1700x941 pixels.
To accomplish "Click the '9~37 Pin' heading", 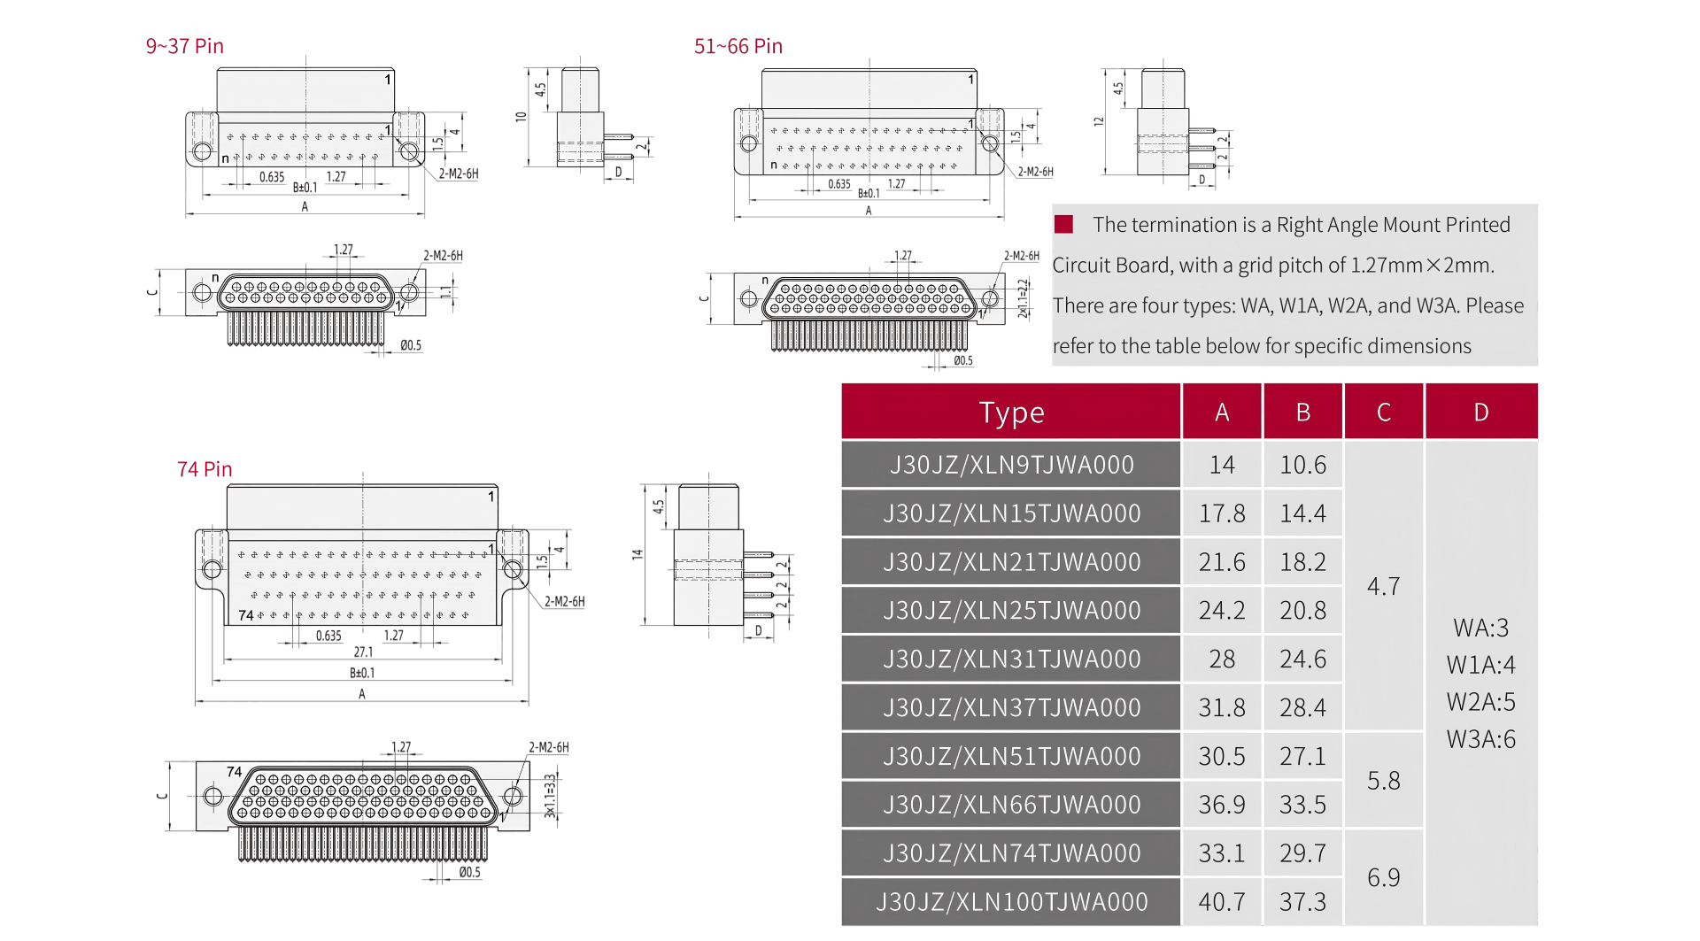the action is [x=184, y=46].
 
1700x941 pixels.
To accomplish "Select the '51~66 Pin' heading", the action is [x=738, y=46].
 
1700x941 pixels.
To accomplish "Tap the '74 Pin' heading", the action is [x=205, y=469].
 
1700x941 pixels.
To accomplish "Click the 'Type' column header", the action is [x=1011, y=413].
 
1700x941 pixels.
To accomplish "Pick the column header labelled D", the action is [x=1481, y=413].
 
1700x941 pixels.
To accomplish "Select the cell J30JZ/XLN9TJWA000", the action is [x=1011, y=465].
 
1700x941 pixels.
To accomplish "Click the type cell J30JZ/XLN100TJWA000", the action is [x=1011, y=902].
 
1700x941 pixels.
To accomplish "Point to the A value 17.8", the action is [x=1222, y=513].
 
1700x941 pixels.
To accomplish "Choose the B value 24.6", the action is [x=1303, y=659].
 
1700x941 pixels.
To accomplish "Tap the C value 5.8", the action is [x=1384, y=781].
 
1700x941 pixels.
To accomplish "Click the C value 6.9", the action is [x=1384, y=878].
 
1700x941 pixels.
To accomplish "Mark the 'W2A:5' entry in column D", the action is [x=1481, y=702].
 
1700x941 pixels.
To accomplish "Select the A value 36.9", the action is [x=1222, y=805].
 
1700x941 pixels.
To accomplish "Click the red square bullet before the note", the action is [x=1063, y=224].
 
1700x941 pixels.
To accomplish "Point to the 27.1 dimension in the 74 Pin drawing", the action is [x=363, y=652].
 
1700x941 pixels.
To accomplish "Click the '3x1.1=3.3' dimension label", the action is [x=550, y=796].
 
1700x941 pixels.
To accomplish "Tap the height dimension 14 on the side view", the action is [x=637, y=555].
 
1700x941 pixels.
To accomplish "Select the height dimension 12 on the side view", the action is [x=1099, y=121].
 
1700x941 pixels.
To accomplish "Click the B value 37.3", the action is [x=1303, y=902].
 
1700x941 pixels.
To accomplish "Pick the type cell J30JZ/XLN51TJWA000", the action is [x=1011, y=757].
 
